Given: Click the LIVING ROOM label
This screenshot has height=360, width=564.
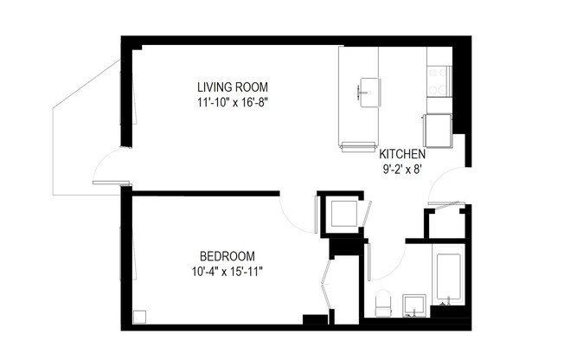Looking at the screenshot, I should click(233, 87).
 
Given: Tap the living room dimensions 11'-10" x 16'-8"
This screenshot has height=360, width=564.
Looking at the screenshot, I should click(233, 102).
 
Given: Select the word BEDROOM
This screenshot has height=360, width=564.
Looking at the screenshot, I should click(228, 256).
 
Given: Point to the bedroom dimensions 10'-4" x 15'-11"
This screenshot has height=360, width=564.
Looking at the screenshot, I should click(228, 272).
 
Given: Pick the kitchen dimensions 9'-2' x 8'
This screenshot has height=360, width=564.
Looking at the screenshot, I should click(402, 170).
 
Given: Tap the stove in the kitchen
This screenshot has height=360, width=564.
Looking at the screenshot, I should click(439, 80).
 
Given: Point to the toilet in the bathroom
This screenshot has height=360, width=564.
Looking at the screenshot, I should click(384, 303).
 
